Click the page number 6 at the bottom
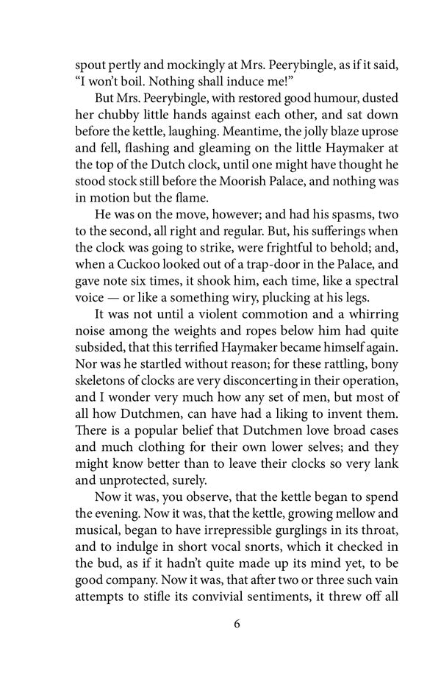(236, 625)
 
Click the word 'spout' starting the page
(92, 46)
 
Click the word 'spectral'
(373, 285)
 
